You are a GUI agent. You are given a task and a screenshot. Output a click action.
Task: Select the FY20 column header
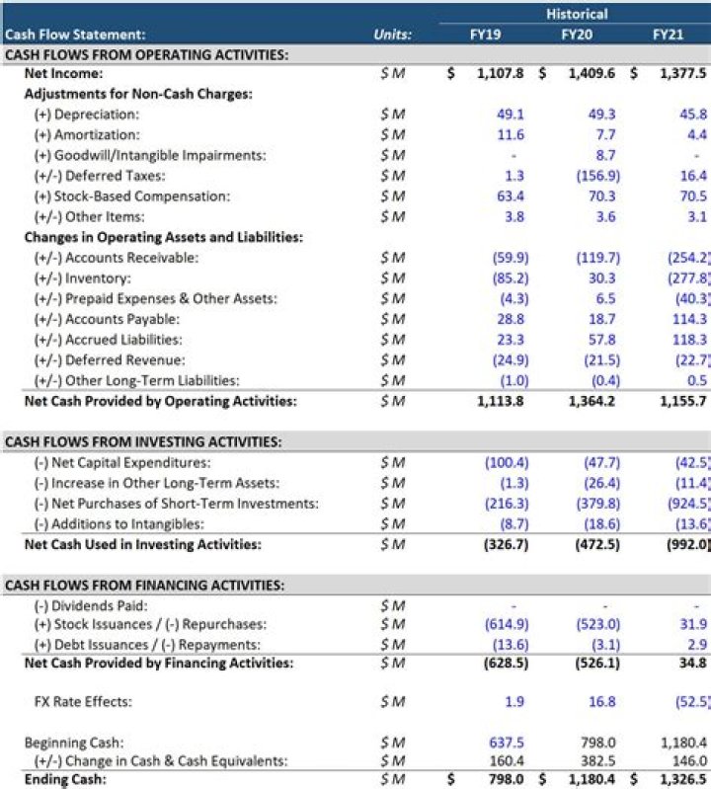[577, 35]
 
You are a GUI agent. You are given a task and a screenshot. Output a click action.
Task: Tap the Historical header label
[577, 14]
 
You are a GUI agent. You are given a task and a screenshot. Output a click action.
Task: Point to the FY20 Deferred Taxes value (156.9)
[597, 176]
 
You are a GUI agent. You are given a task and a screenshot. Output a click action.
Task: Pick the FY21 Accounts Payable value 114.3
[688, 319]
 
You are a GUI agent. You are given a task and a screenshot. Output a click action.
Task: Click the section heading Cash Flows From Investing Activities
[143, 442]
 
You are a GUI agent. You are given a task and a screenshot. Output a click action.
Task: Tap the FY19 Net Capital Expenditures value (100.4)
[506, 462]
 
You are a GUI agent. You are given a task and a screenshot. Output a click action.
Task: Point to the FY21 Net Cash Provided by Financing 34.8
[693, 664]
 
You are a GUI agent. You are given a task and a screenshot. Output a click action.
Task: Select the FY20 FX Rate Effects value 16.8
[602, 702]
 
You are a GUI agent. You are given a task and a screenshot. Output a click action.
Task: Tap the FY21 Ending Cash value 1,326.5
[681, 780]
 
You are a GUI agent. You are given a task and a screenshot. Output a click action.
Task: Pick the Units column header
[393, 35]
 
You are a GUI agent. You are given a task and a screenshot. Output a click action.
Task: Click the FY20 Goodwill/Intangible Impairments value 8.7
[605, 155]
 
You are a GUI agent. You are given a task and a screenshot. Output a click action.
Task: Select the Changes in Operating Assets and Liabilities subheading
[163, 237]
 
